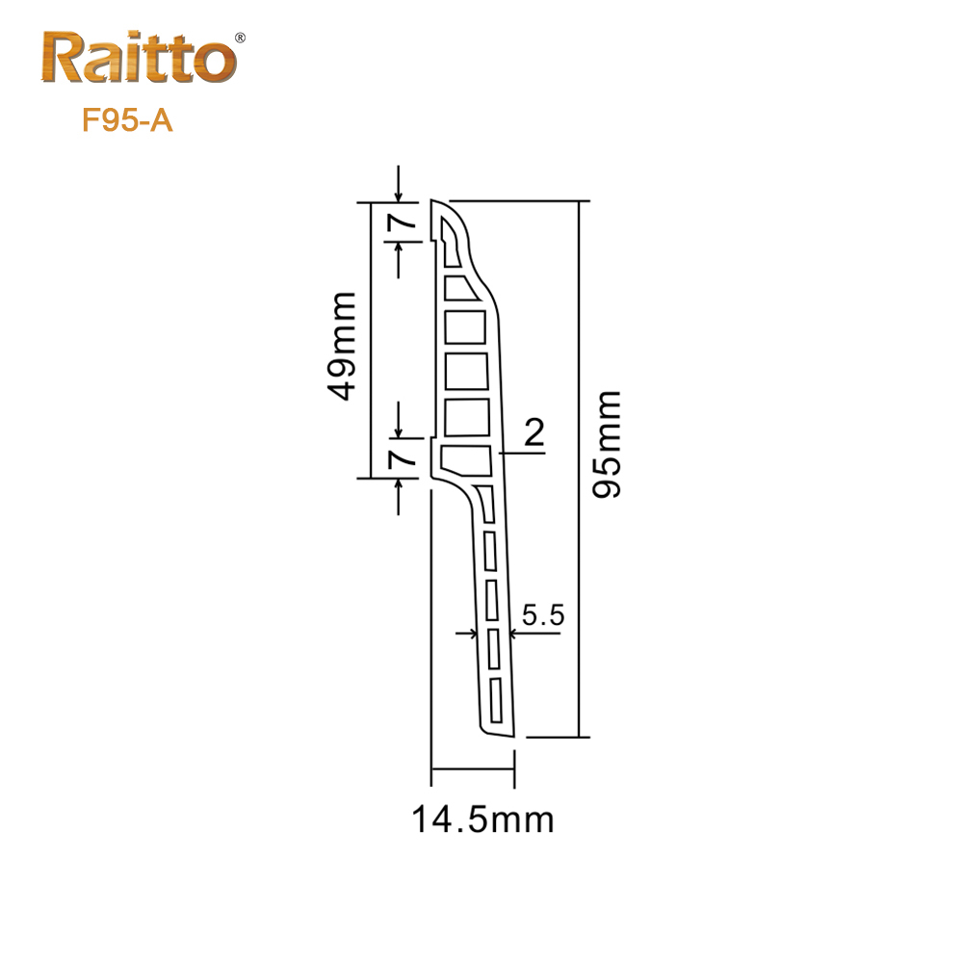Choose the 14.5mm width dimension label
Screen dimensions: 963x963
tap(482, 820)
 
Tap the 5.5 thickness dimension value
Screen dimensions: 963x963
tap(541, 614)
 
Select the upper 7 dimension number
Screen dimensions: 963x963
tap(402, 222)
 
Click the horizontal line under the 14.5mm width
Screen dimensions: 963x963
tap(473, 768)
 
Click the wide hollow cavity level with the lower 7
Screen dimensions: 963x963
tap(466, 459)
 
